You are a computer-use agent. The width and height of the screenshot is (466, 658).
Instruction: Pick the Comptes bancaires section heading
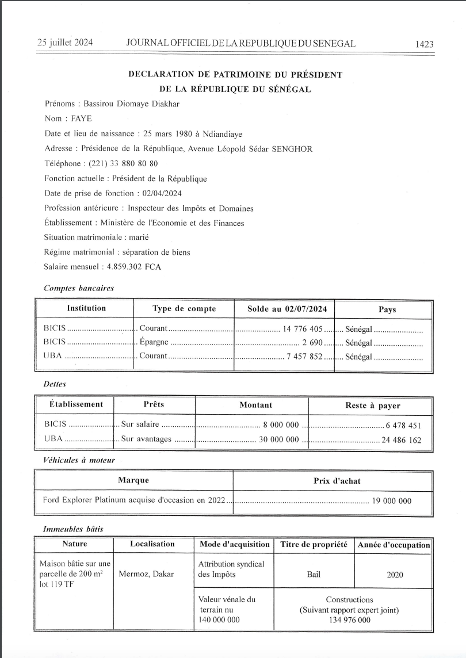79,288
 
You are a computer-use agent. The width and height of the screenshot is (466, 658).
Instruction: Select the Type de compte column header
184,309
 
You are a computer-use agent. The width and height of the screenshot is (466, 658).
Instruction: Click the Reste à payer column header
372,405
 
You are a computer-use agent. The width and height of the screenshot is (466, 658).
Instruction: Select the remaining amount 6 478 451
404,426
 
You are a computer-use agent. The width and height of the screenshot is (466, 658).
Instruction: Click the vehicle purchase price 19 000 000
392,500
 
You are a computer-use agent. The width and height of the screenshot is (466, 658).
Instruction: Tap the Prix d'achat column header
333,480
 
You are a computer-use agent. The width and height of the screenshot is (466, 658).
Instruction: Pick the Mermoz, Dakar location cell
146,574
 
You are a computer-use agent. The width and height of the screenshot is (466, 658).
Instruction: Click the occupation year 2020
395,574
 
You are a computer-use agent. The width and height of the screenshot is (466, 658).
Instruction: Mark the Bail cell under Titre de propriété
314,574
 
